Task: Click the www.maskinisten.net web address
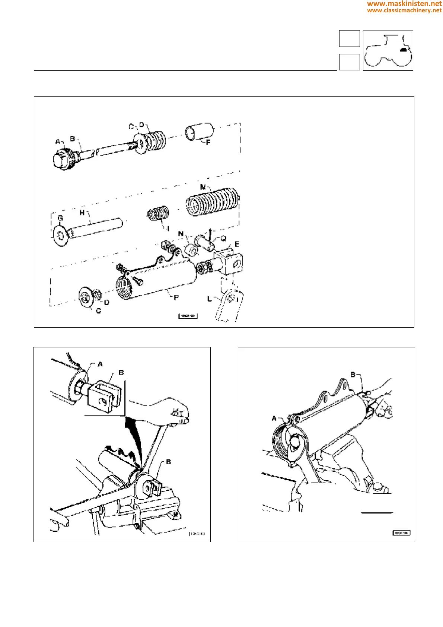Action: [x=404, y=4]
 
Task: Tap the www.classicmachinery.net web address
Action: [x=404, y=10]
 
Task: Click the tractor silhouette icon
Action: [x=388, y=51]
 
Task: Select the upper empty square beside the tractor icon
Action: [x=349, y=39]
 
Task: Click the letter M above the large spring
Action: [x=203, y=187]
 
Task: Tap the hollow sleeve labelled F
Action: [x=199, y=132]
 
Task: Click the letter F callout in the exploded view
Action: [x=208, y=142]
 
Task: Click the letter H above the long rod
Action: [x=82, y=213]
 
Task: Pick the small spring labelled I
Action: [x=159, y=214]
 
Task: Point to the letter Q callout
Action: [x=223, y=239]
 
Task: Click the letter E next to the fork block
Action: [x=237, y=244]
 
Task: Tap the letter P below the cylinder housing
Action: [x=176, y=297]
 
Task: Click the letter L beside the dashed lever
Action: [x=210, y=299]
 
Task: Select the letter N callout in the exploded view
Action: [x=181, y=234]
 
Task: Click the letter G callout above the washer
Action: [x=60, y=218]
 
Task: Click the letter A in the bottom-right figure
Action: [x=274, y=418]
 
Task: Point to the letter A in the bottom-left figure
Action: [x=100, y=364]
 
